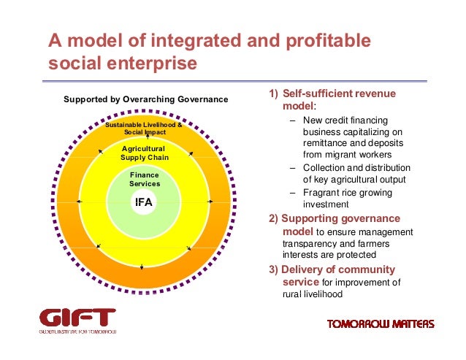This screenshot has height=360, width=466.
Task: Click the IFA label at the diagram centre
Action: [144, 202]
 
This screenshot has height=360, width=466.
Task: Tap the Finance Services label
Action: [144, 180]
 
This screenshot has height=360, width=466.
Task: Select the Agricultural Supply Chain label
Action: [144, 153]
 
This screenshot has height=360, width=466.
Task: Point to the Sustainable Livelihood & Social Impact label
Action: [144, 129]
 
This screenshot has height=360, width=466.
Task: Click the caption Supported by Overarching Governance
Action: [146, 99]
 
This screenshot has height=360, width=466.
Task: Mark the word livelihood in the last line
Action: [319, 294]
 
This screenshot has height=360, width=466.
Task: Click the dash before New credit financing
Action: [292, 120]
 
